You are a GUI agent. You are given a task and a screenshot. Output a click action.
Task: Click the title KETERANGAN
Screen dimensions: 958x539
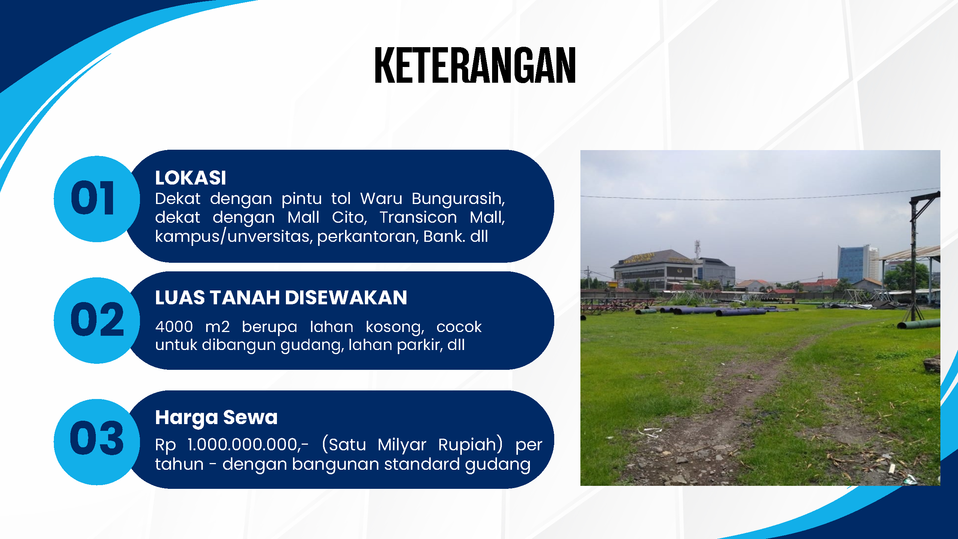(x=475, y=65)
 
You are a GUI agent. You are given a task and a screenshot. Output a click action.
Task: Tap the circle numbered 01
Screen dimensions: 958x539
(x=97, y=199)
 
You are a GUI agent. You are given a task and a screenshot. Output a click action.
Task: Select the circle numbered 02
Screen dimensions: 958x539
(x=97, y=320)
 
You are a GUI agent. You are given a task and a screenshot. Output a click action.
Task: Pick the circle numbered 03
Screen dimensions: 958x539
(x=97, y=442)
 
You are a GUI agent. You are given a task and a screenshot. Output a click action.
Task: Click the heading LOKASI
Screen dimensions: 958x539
(x=190, y=178)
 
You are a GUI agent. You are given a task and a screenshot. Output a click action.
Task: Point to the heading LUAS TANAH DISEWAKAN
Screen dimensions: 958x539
(x=281, y=298)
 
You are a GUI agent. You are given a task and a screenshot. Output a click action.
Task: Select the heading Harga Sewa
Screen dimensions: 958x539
(x=216, y=418)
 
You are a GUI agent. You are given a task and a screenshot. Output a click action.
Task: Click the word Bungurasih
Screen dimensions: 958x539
(x=458, y=199)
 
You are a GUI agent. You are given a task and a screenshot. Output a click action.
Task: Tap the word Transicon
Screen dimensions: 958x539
(x=418, y=217)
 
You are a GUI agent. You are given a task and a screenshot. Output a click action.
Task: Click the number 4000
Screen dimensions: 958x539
(x=174, y=327)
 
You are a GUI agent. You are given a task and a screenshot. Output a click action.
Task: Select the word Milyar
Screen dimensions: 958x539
(x=402, y=445)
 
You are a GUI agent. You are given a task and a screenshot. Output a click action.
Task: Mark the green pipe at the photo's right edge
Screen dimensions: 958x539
(x=919, y=324)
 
